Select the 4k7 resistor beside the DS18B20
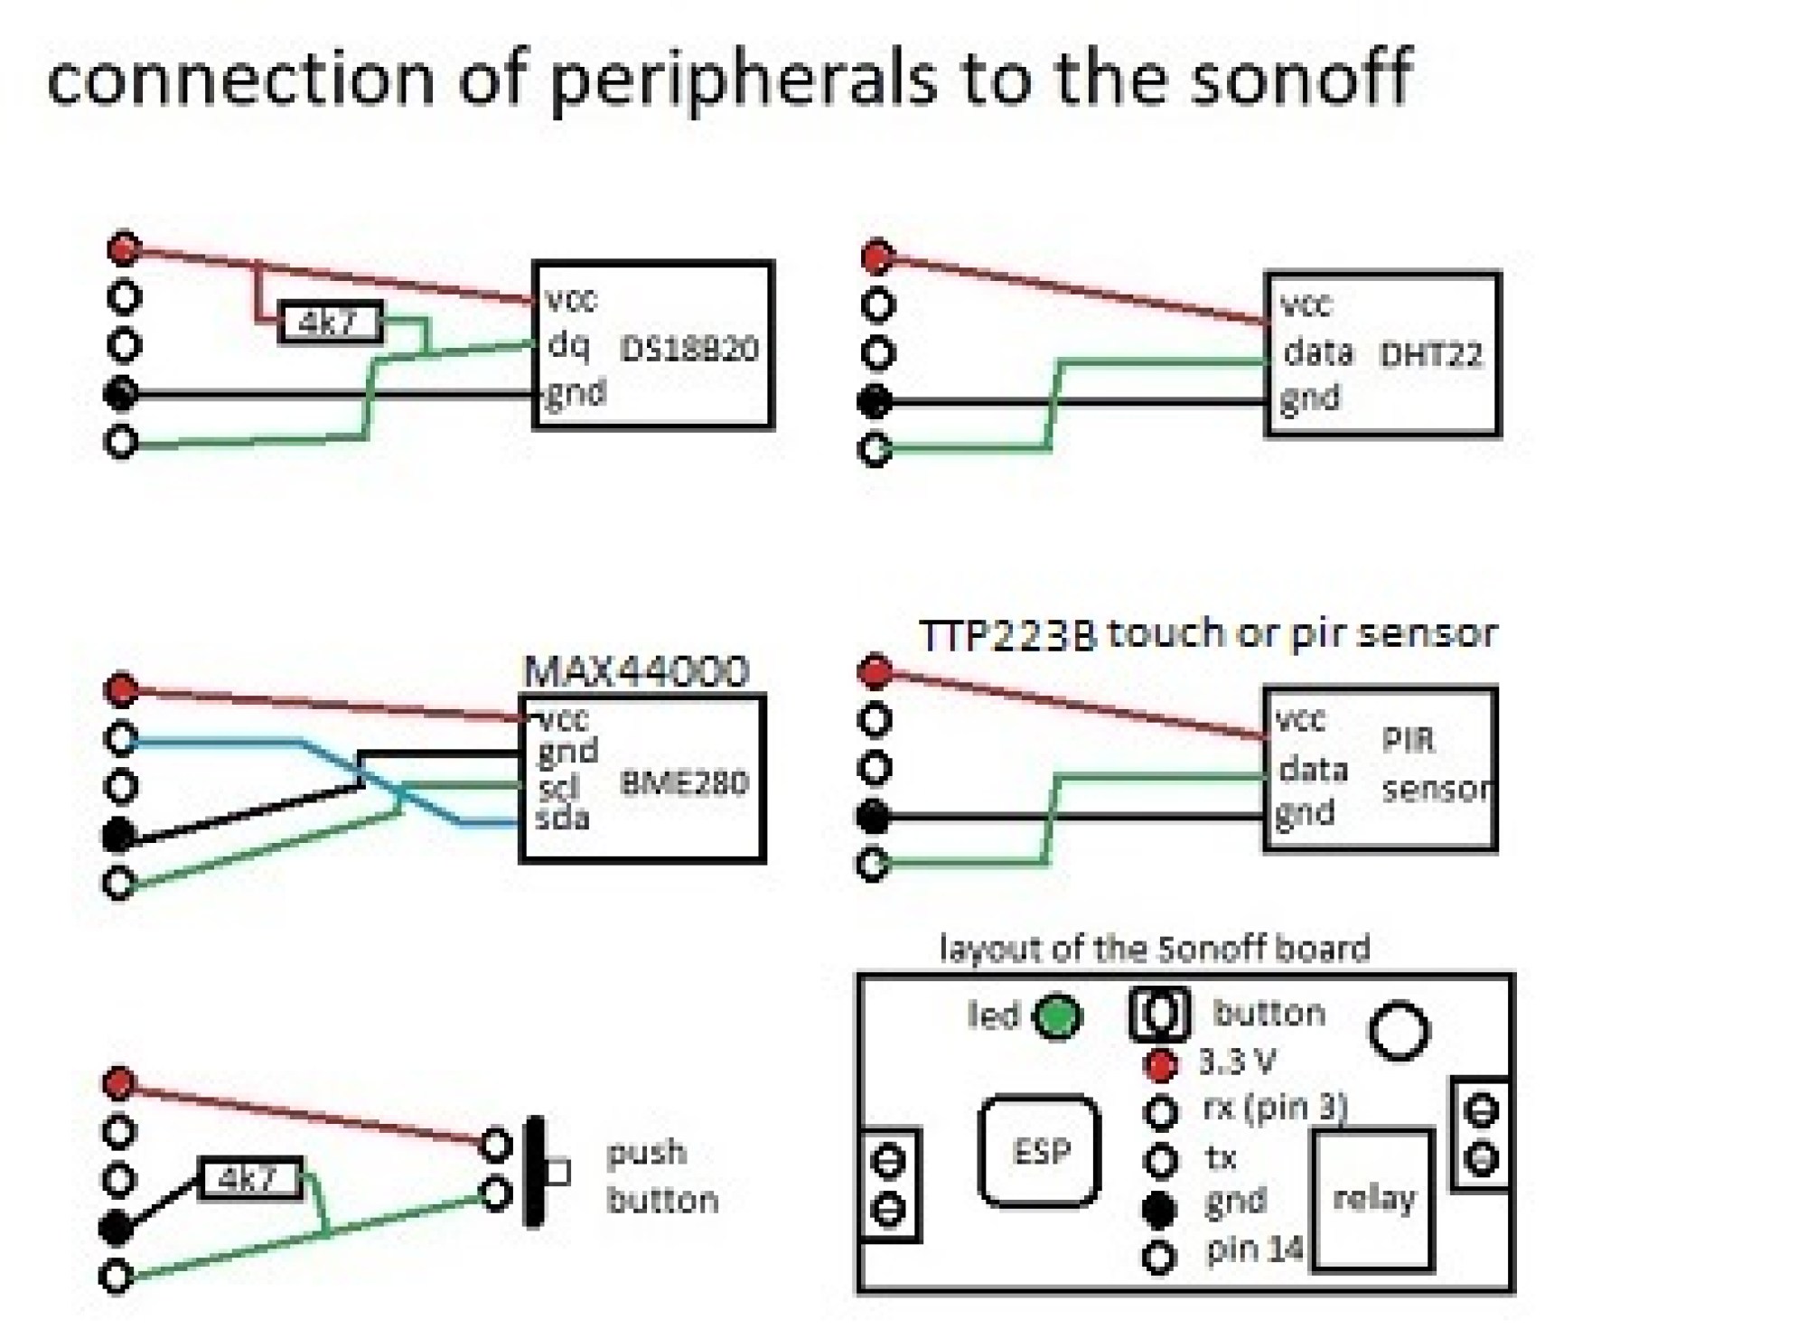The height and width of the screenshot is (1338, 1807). tap(331, 323)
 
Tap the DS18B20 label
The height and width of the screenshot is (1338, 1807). tap(688, 350)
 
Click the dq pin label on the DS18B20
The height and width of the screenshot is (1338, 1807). tap(568, 343)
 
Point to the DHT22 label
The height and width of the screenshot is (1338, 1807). tap(1431, 355)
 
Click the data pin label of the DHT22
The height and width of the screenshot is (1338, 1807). tap(1318, 351)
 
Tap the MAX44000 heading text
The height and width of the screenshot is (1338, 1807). tap(636, 671)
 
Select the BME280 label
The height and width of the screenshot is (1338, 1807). tap(684, 782)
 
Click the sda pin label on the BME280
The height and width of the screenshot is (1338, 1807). tap(562, 819)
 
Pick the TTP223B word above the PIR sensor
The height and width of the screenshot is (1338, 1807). tap(1007, 635)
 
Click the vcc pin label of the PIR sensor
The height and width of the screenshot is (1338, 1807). tap(1300, 720)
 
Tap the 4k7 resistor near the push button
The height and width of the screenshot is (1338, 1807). tap(249, 1178)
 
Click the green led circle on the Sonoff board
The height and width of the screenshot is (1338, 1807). tap(1057, 1017)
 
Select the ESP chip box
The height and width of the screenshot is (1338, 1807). tap(1040, 1151)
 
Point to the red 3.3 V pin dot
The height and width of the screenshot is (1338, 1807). tap(1161, 1065)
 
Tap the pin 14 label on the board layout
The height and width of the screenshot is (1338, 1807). tap(1254, 1249)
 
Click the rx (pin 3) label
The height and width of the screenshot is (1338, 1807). tap(1274, 1108)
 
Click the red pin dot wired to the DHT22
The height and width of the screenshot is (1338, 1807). tap(877, 257)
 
